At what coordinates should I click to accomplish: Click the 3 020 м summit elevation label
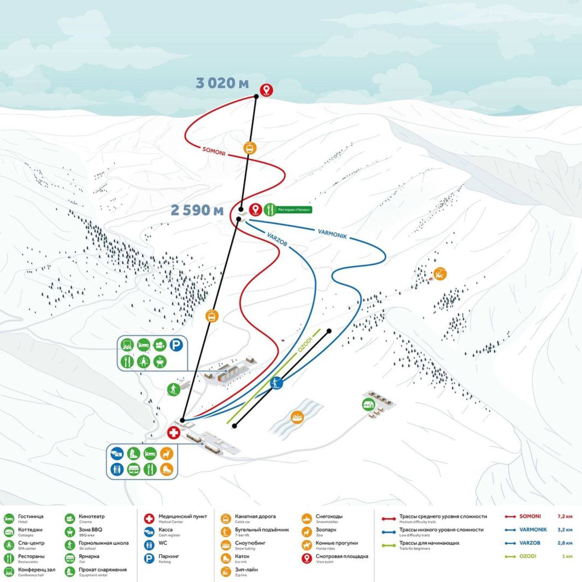tap(222, 83)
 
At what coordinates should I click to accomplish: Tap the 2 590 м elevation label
tap(197, 210)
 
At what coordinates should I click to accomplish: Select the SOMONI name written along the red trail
tap(214, 151)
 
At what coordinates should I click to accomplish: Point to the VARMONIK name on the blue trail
tap(332, 234)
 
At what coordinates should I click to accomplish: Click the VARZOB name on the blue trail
tap(277, 239)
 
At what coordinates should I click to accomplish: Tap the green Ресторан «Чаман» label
tap(294, 210)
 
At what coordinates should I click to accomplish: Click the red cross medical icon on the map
tap(174, 433)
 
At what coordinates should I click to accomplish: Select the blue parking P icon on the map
tap(176, 345)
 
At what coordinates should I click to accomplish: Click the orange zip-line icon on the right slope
tap(440, 274)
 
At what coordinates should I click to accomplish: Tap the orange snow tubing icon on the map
tap(297, 417)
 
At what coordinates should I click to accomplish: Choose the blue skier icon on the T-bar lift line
tap(276, 383)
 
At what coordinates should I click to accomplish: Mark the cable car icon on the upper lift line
tap(250, 148)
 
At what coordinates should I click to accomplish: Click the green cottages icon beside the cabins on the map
tap(369, 405)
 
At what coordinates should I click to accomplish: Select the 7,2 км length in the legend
tap(565, 516)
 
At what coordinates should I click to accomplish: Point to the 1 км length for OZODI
tap(567, 556)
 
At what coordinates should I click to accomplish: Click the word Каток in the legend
tap(242, 556)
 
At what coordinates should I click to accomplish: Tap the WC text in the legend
tap(163, 543)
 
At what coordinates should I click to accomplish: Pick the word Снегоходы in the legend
tap(329, 516)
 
